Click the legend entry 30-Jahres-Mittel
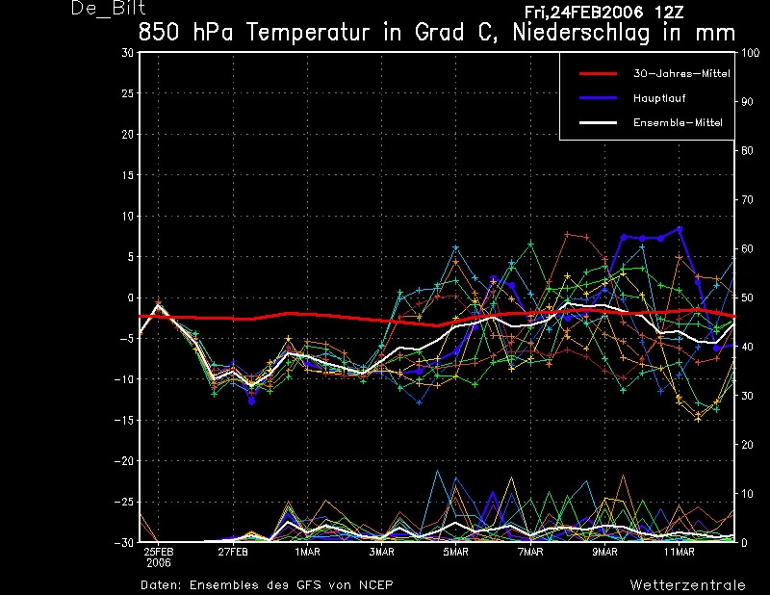point(681,74)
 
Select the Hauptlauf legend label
point(659,98)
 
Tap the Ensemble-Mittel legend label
point(678,123)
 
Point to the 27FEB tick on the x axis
point(233,552)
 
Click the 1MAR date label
point(307,552)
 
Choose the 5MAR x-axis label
point(455,552)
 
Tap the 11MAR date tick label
point(680,552)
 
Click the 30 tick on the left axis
point(127,53)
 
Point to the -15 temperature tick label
point(124,420)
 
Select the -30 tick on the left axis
point(124,542)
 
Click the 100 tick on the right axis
point(750,53)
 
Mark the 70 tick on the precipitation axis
point(747,199)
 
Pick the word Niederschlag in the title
point(581,33)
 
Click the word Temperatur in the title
point(307,33)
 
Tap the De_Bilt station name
point(108,8)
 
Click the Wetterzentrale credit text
point(687,584)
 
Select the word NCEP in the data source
point(375,584)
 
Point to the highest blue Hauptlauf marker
point(680,229)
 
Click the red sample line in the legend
point(598,74)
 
